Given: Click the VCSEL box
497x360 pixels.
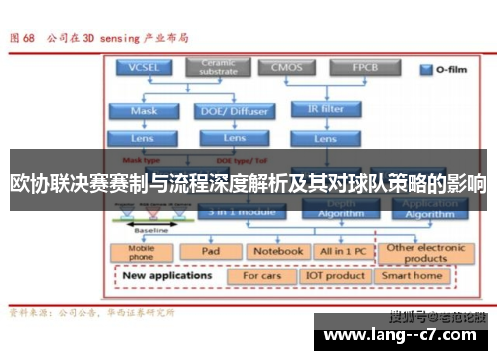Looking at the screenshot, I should [x=145, y=69].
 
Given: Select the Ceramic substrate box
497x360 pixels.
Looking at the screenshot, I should [x=218, y=68].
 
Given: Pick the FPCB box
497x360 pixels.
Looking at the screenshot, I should [x=366, y=69].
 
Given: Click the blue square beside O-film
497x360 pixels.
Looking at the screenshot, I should [x=427, y=70].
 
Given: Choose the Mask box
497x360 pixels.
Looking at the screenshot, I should [x=145, y=111].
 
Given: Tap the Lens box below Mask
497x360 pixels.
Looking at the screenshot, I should [x=145, y=139].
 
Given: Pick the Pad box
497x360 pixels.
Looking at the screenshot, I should [x=211, y=251].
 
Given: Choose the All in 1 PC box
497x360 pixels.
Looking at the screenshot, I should [x=341, y=251].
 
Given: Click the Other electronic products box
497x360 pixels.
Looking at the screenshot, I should [x=426, y=251].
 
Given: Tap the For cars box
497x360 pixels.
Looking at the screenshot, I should [x=261, y=275].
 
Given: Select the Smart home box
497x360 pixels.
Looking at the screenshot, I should [x=413, y=275].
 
